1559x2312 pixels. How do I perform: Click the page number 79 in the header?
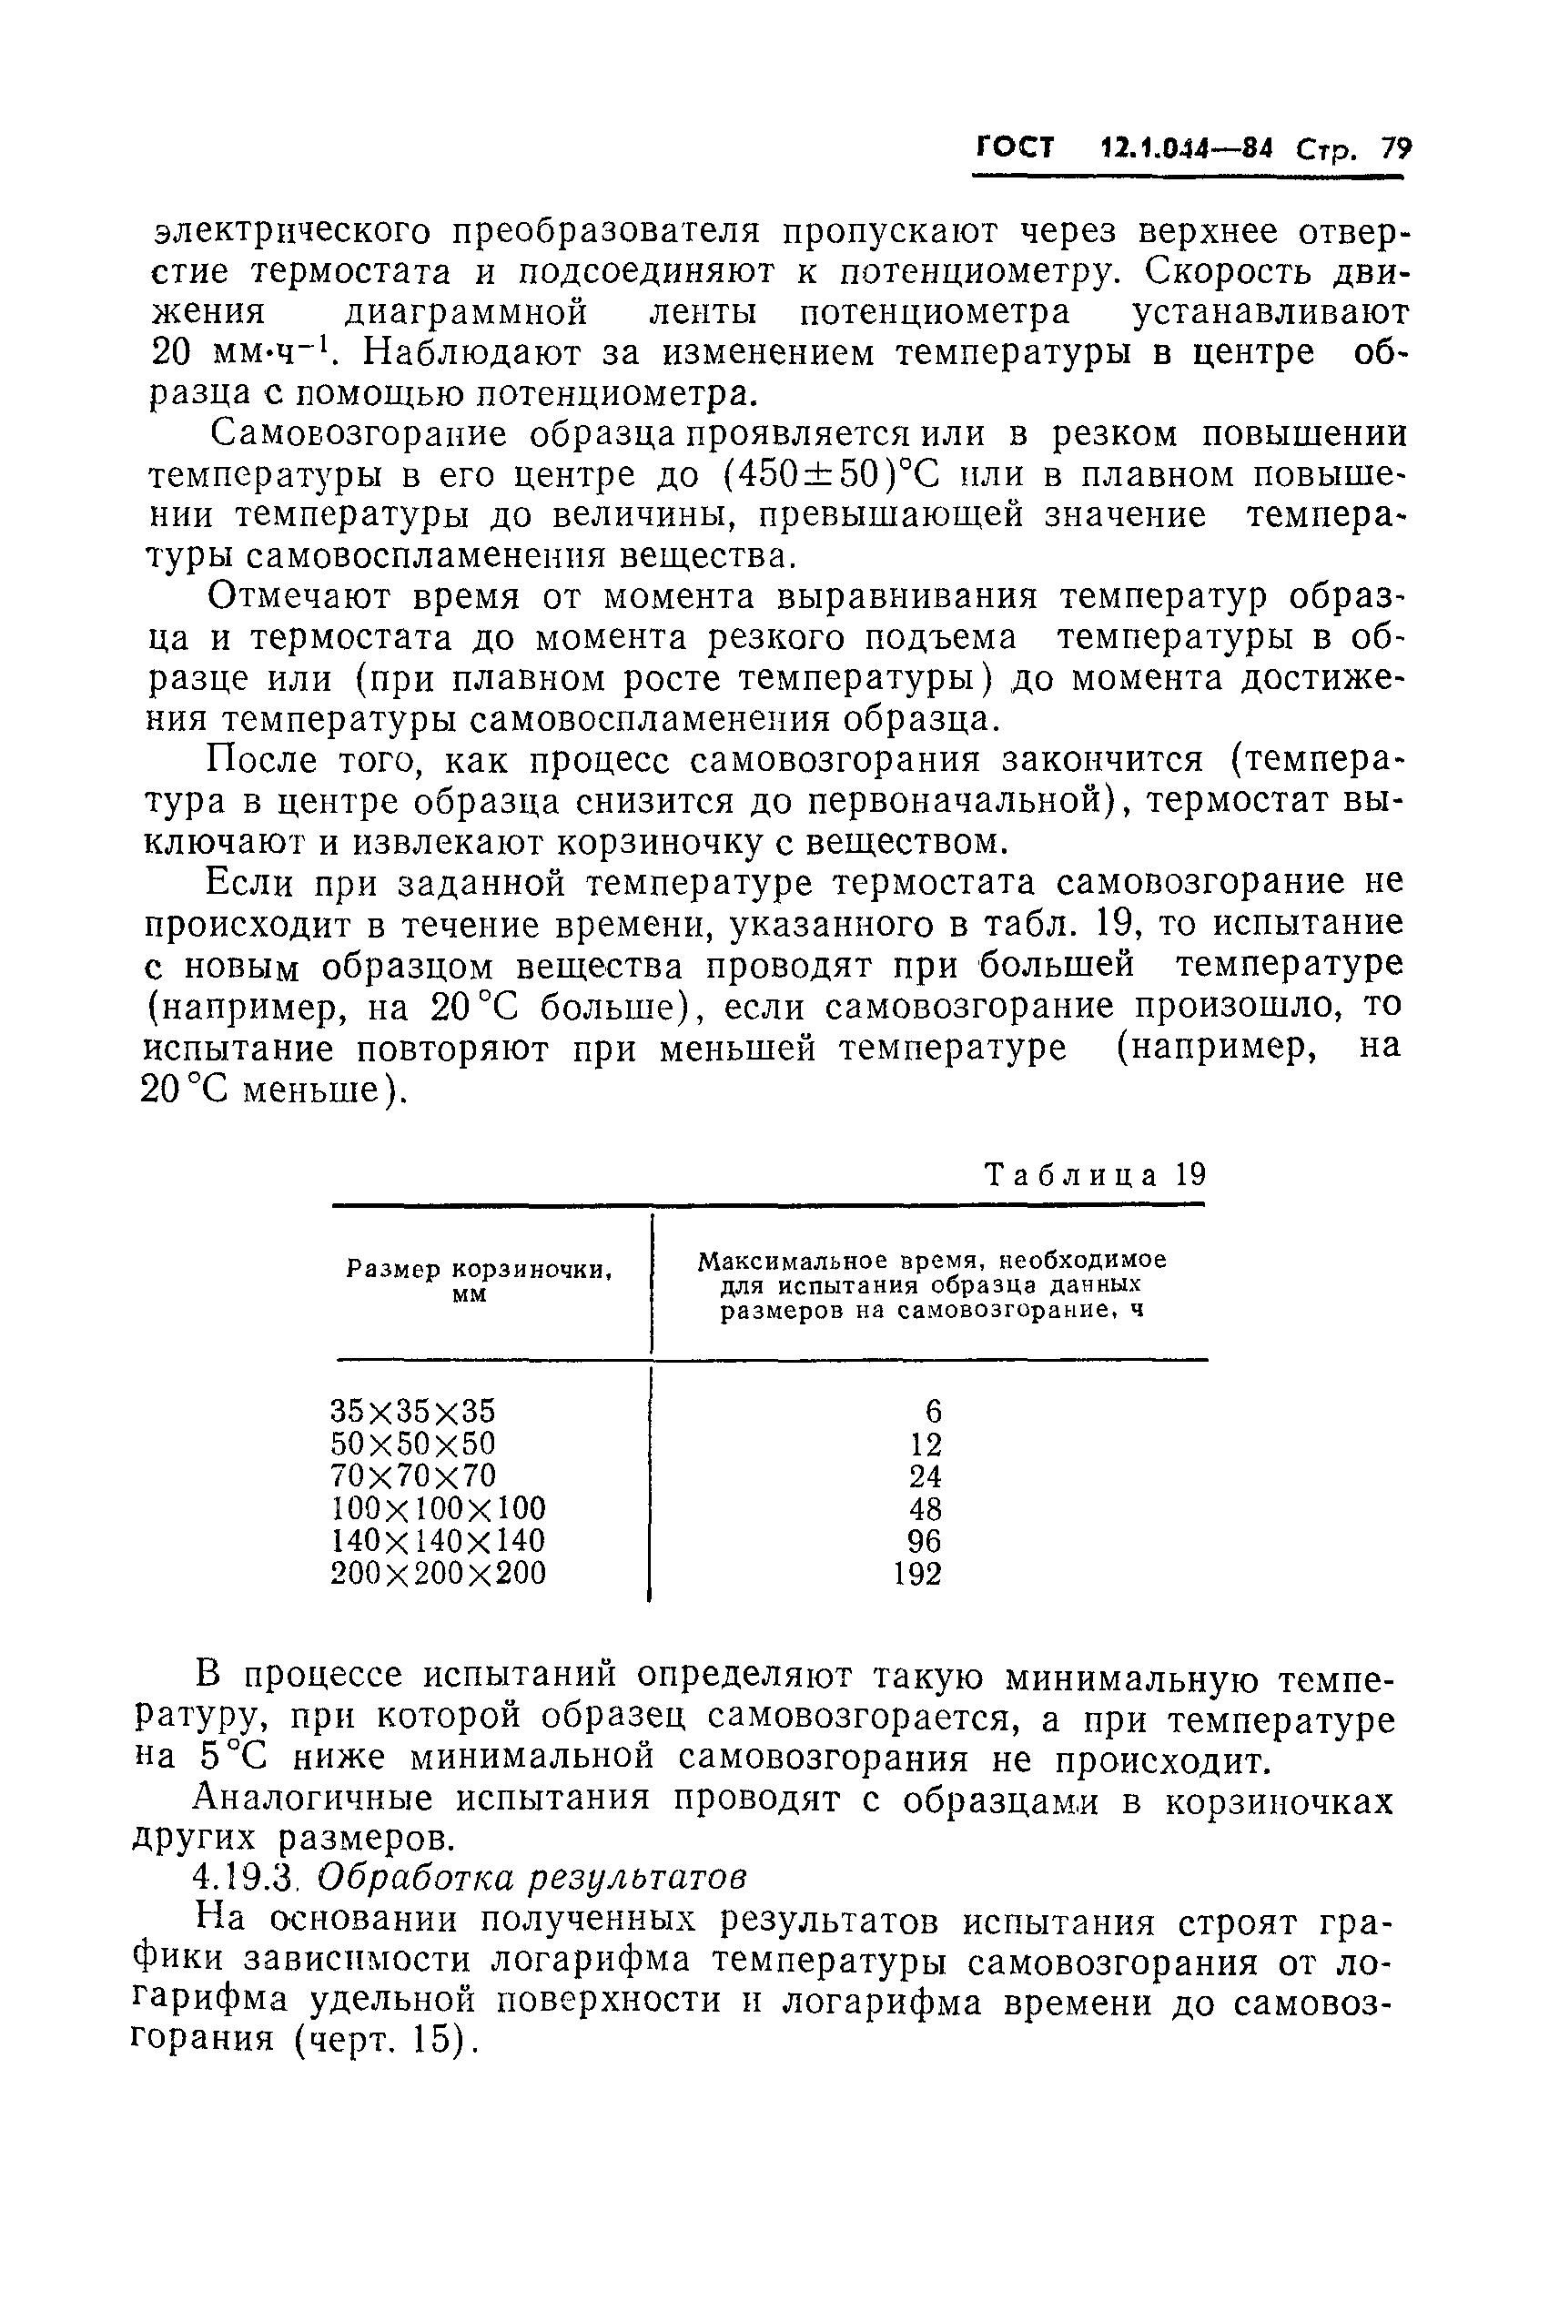point(1395,149)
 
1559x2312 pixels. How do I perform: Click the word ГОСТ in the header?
point(1014,148)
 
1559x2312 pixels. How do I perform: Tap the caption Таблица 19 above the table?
point(1095,1175)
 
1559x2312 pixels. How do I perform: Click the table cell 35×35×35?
point(412,1411)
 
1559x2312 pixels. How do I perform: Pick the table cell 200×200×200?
point(438,1573)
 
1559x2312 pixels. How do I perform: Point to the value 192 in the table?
point(916,1574)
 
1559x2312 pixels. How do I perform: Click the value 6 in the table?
point(933,1411)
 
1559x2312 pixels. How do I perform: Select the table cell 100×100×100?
point(438,1508)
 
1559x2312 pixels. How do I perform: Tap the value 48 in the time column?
point(925,1509)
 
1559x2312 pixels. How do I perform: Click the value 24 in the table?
point(925,1476)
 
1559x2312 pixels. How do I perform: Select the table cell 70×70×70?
point(412,1475)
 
